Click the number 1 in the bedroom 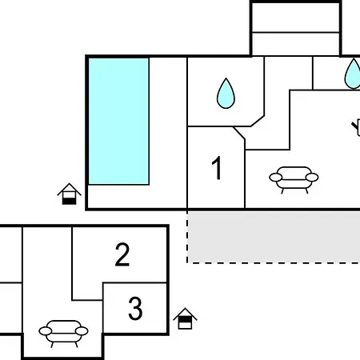pyautogui.click(x=217, y=168)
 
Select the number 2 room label pyautogui.click(x=122, y=254)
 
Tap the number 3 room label pyautogui.click(x=135, y=308)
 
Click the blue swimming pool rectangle pyautogui.click(x=118, y=121)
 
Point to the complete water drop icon pyautogui.click(x=226, y=94)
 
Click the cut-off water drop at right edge pyautogui.click(x=353, y=74)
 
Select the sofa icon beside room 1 pyautogui.click(x=294, y=179)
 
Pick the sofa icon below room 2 pyautogui.click(x=63, y=333)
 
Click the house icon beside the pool pyautogui.click(x=69, y=194)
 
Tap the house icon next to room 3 pyautogui.click(x=185, y=318)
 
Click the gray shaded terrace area pyautogui.click(x=274, y=237)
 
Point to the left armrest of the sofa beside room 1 pyautogui.click(x=276, y=177)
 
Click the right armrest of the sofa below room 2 pyautogui.click(x=82, y=331)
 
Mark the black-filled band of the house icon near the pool pyautogui.click(x=70, y=202)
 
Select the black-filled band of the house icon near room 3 pyautogui.click(x=185, y=319)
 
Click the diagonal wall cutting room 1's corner pyautogui.click(x=239, y=133)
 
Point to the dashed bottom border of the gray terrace pyautogui.click(x=274, y=263)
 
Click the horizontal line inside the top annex pyautogui.click(x=296, y=33)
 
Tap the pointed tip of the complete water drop pyautogui.click(x=226, y=78)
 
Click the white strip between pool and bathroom pyautogui.click(x=168, y=121)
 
